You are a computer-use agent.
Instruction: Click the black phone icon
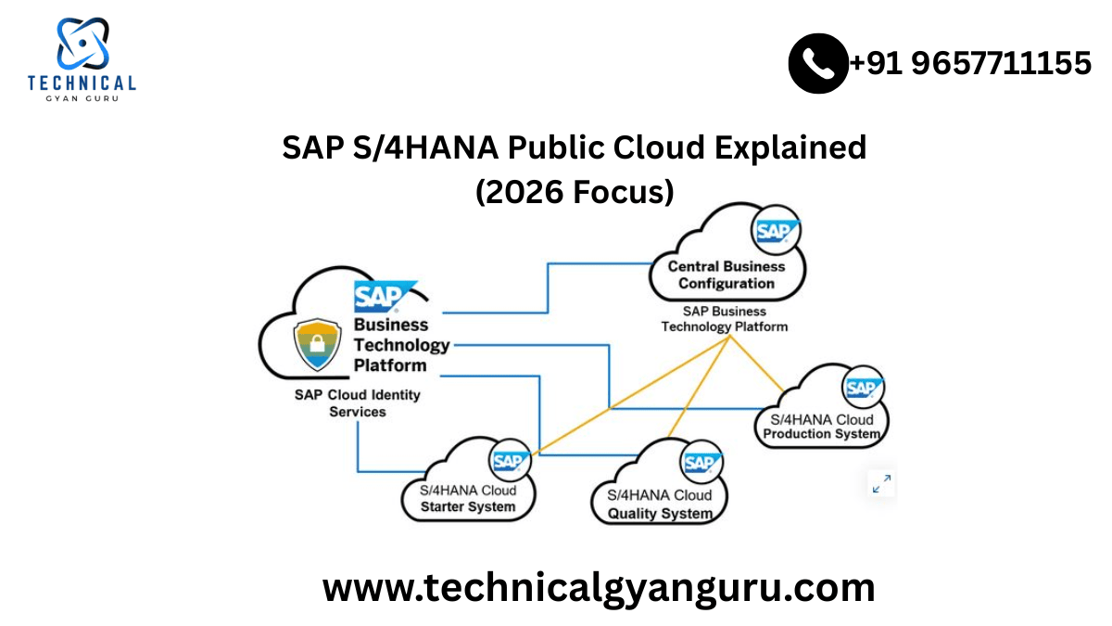(x=818, y=63)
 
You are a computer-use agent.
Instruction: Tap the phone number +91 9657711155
(x=970, y=63)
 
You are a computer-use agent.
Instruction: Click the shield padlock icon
(x=314, y=344)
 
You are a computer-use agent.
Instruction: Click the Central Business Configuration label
(x=726, y=275)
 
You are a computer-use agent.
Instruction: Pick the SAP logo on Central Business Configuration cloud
(x=775, y=230)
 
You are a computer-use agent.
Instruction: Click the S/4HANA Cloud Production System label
(x=821, y=427)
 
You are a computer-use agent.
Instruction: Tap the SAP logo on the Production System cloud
(x=863, y=387)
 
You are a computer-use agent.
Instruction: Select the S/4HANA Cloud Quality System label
(x=660, y=504)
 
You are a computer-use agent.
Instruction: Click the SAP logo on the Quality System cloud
(x=701, y=461)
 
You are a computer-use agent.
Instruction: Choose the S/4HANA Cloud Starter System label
(x=468, y=498)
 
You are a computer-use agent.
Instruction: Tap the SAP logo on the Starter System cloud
(x=510, y=459)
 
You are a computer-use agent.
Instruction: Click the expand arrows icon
(x=881, y=483)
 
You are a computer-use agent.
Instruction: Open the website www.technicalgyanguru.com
(x=599, y=587)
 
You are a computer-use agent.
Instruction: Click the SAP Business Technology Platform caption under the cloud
(x=724, y=319)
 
